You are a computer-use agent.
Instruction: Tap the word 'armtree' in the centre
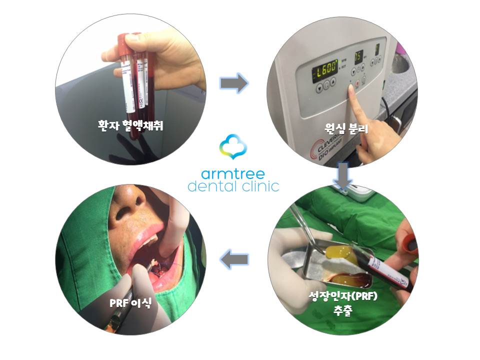coord(233,174)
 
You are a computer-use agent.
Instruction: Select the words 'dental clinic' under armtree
coord(233,187)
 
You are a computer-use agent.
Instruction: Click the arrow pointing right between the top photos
coord(234,82)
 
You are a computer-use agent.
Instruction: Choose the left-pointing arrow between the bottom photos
coord(234,259)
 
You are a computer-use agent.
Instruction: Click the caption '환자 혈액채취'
coord(131,125)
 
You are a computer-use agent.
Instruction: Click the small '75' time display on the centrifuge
coord(358,56)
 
